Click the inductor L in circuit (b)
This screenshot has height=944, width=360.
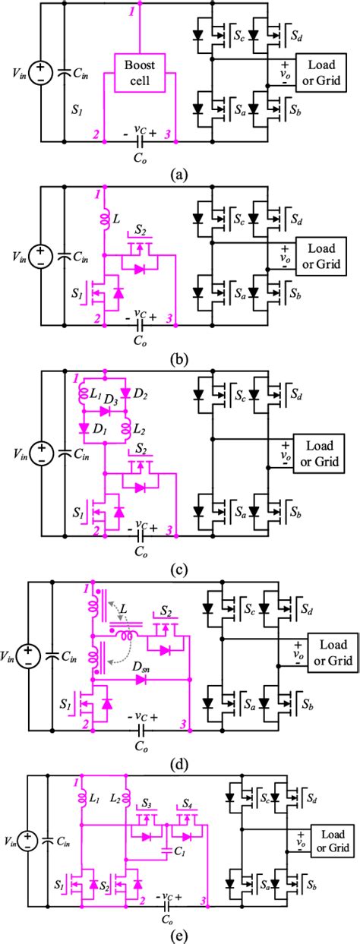[x=103, y=219]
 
